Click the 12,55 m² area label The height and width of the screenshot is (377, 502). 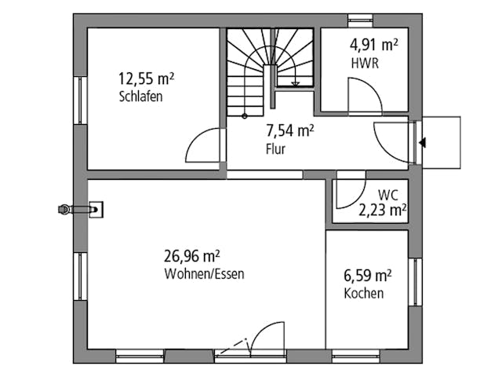point(146,79)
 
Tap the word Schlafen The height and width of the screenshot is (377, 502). point(141,97)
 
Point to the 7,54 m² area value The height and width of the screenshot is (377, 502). point(290,131)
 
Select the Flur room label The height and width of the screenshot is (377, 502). point(275,149)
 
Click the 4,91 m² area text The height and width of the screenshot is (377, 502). point(373,46)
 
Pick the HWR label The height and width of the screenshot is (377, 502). point(366,64)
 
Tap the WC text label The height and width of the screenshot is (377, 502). point(387,193)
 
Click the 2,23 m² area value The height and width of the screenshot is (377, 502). point(382,210)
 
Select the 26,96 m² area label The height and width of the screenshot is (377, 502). point(192,256)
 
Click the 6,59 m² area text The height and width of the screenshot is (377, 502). point(368,276)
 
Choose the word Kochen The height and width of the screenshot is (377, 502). point(364,294)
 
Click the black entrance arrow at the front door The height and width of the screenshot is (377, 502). point(423,143)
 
